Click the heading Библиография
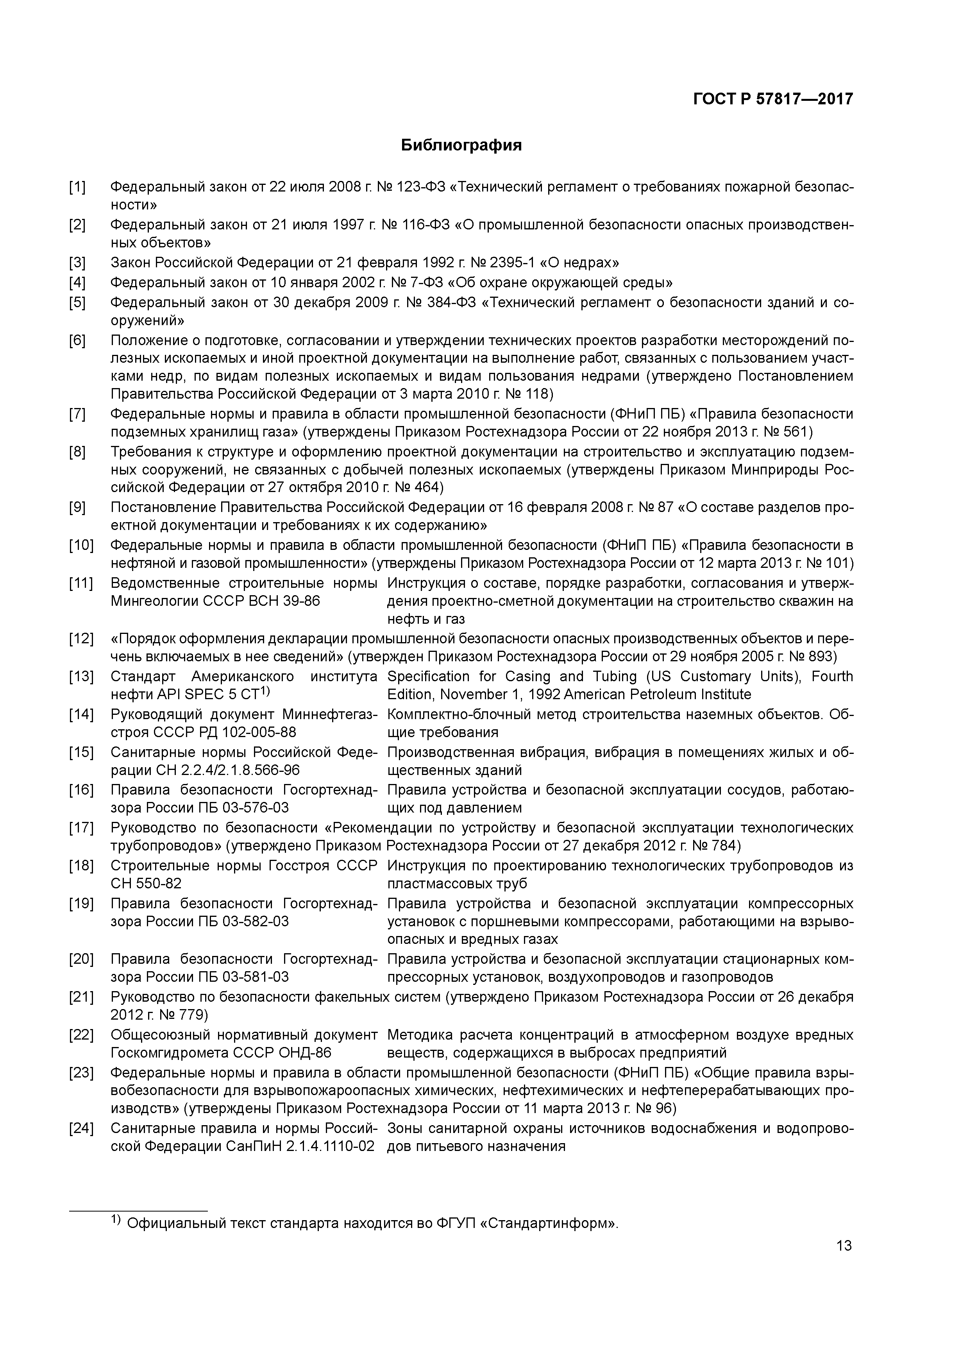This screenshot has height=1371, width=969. tap(461, 145)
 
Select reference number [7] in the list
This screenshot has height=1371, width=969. tap(77, 414)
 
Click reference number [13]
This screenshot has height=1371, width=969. tap(80, 677)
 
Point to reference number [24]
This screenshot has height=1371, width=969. tap(80, 1129)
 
